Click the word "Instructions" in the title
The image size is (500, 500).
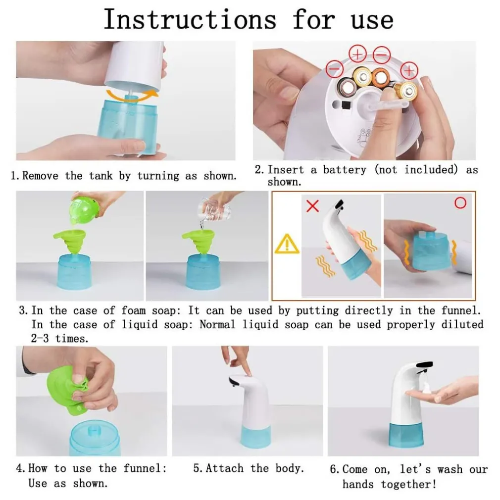coord(190,20)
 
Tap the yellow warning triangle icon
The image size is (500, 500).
coord(287,244)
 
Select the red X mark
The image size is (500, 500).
coord(312,205)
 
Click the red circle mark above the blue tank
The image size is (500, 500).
coord(460,203)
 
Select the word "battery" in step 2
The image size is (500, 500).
coord(345,170)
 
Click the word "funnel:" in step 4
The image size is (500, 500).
coord(145,468)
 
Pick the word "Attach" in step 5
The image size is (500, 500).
coord(224,468)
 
